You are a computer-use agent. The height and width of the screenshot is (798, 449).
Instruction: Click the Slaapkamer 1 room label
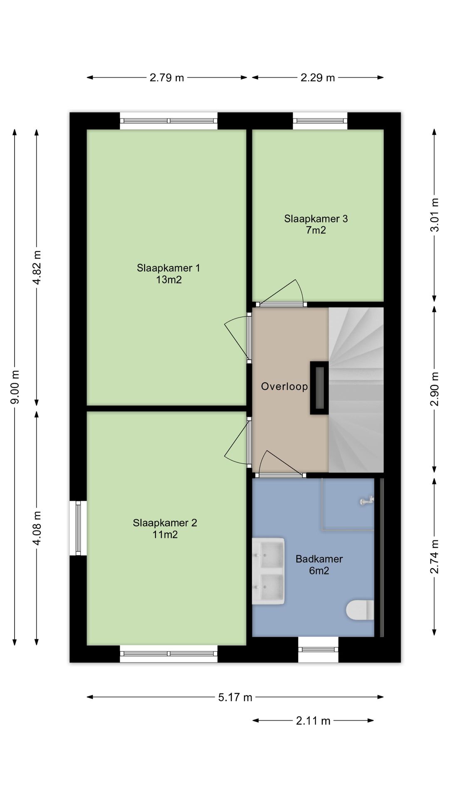tap(168, 273)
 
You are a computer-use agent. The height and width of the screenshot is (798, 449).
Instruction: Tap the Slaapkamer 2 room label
tap(165, 529)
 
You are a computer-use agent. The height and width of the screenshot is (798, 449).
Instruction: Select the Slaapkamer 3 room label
tap(316, 224)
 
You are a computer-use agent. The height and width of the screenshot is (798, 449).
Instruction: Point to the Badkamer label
tap(319, 564)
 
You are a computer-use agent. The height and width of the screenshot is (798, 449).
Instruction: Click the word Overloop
tap(284, 387)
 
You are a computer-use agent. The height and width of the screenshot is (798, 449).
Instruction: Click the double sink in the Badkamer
tap(268, 571)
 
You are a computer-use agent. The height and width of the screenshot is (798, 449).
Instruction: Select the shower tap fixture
tap(366, 502)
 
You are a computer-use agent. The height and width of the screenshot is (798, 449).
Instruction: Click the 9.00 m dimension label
tap(15, 387)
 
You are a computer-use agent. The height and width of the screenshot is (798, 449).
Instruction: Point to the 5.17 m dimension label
tap(235, 697)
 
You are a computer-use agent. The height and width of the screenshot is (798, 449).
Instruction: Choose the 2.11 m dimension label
tap(313, 720)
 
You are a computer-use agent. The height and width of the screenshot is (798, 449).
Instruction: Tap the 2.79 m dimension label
tap(167, 77)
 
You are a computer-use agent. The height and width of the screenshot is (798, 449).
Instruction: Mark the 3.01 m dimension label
tap(434, 215)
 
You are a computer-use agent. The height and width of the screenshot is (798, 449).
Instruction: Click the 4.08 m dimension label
tap(37, 528)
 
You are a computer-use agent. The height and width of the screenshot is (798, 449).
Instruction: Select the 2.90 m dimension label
tap(434, 389)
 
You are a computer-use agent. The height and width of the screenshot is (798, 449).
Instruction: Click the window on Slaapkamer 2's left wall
tap(78, 528)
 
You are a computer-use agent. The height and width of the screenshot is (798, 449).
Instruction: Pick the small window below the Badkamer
tap(318, 649)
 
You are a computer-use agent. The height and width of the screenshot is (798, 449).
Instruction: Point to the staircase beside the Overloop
tap(356, 390)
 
